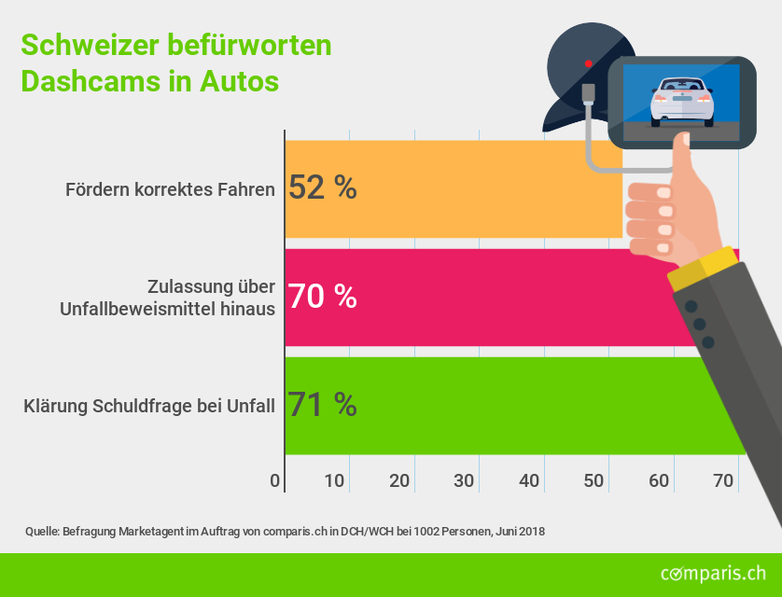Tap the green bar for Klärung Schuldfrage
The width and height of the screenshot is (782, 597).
coord(504,405)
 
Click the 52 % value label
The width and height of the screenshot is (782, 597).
coord(322,188)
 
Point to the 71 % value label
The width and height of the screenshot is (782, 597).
coord(322,405)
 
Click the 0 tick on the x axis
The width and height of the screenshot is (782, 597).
coord(275,481)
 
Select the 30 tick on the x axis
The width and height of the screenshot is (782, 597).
coord(465,481)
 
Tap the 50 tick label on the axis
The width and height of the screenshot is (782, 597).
coord(594,481)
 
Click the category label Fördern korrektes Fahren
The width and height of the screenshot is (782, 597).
coord(170,190)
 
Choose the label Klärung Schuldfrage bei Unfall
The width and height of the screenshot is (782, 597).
coord(148,406)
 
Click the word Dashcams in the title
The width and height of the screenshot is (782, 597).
coord(90,81)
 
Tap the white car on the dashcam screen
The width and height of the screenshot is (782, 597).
coord(682,101)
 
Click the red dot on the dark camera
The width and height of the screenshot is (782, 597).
coord(588,63)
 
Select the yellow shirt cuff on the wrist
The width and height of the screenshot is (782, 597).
coord(701,269)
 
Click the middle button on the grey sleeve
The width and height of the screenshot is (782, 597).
coord(699,325)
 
